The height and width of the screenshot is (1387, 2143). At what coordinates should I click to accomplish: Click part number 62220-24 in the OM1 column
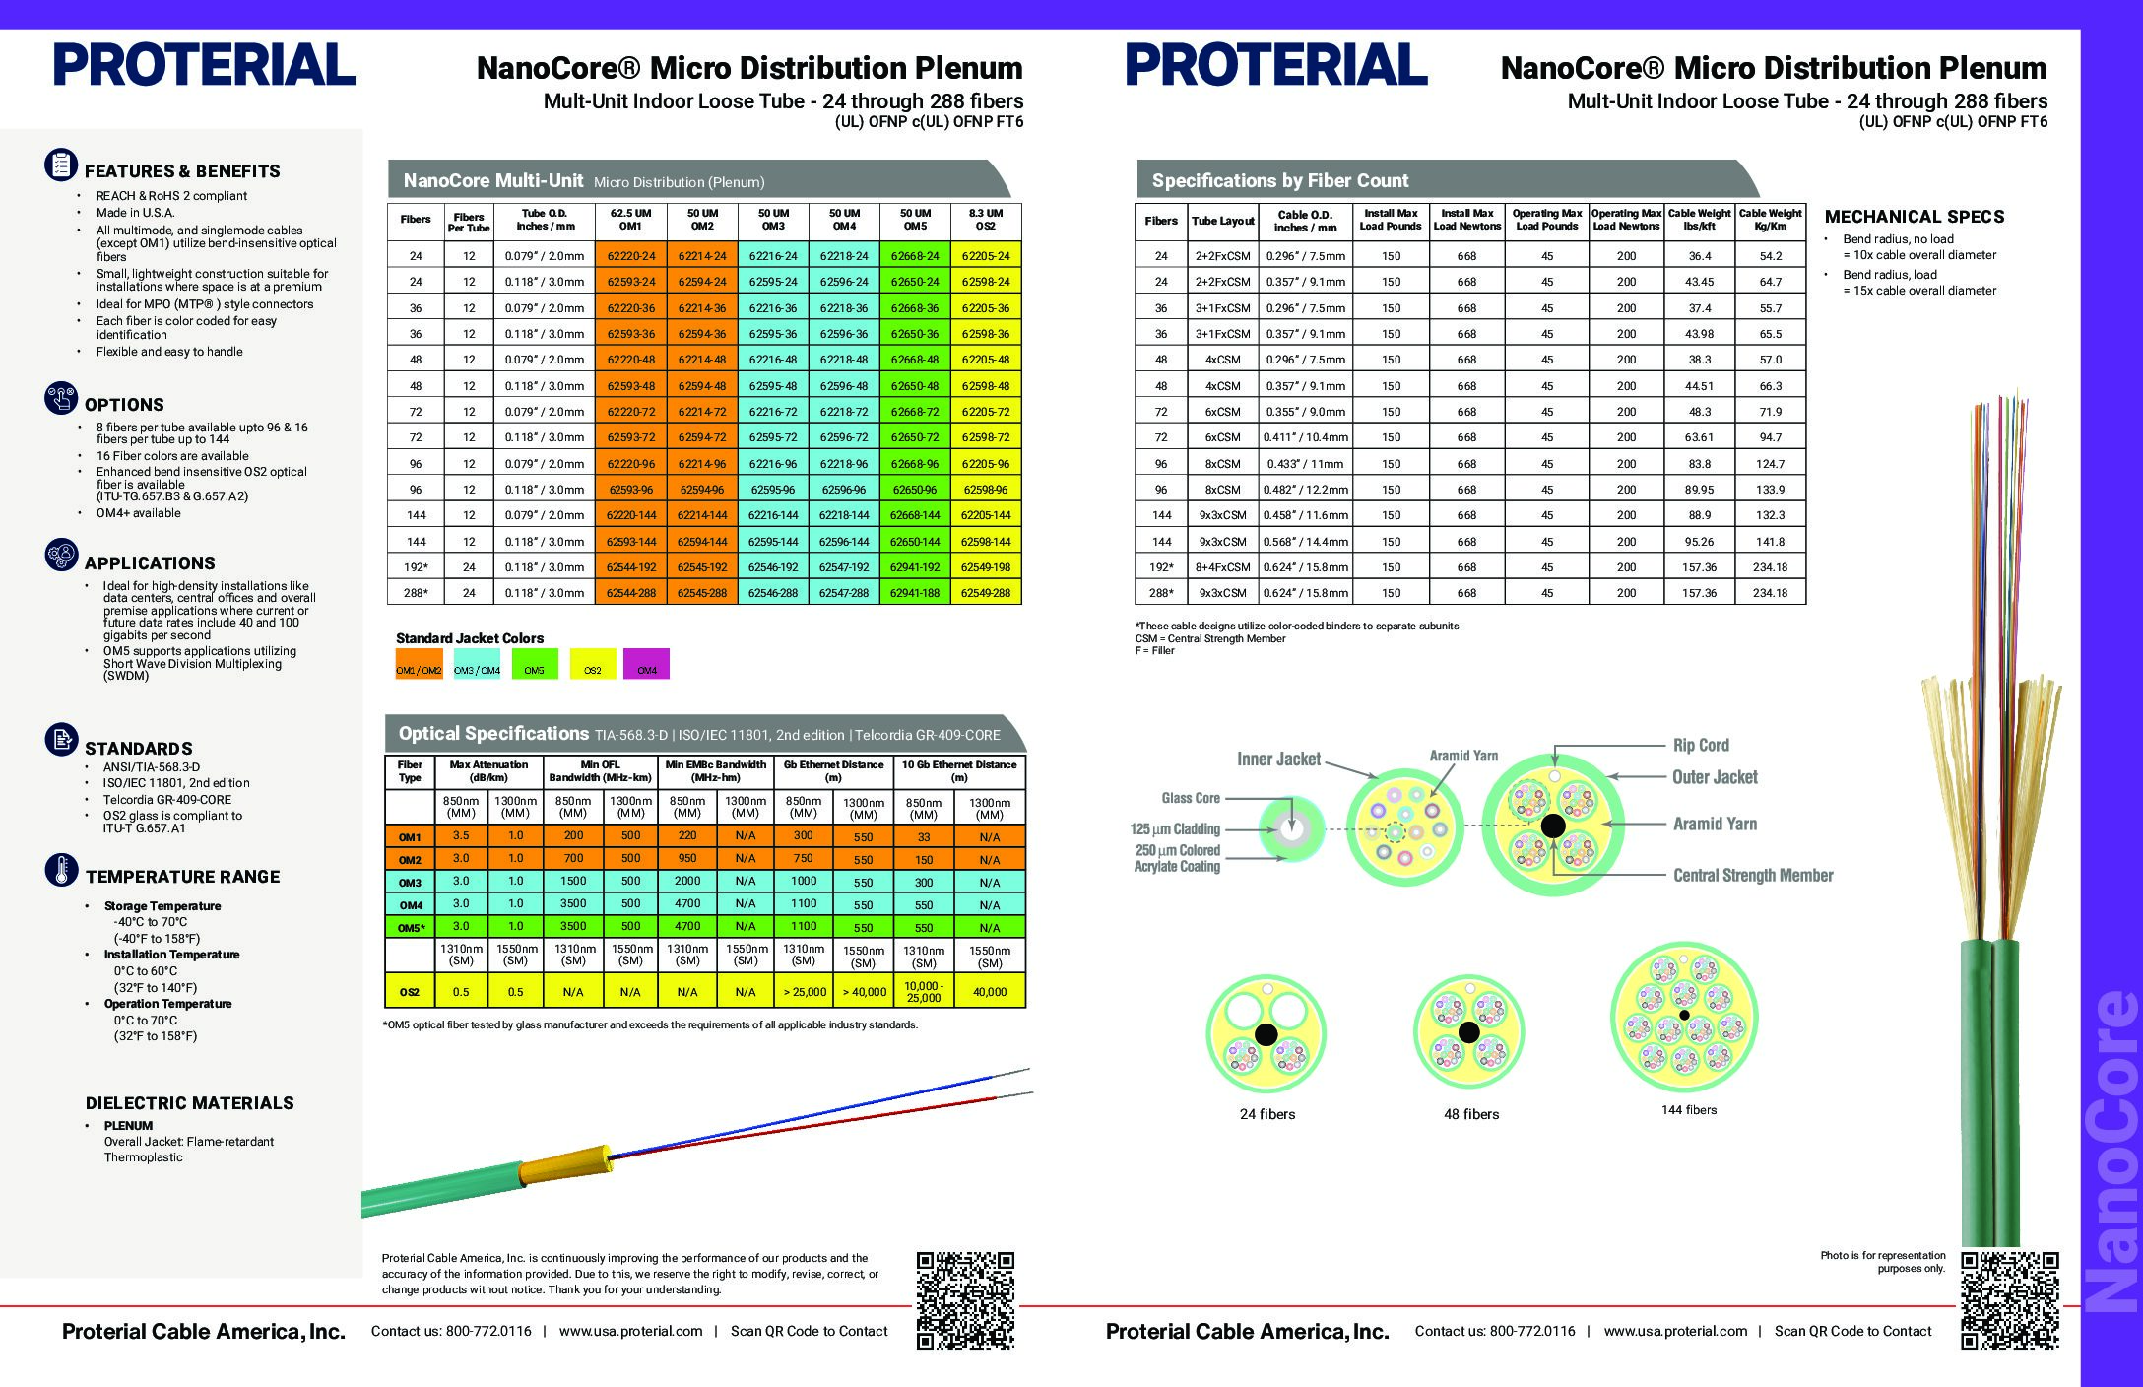(630, 256)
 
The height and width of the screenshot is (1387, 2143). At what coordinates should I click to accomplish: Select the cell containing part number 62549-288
(986, 593)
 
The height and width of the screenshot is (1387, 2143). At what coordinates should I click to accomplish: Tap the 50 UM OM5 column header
(915, 220)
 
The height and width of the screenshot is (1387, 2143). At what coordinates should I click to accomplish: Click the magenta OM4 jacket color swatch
(646, 664)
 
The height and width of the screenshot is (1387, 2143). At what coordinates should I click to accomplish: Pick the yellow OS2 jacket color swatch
(592, 664)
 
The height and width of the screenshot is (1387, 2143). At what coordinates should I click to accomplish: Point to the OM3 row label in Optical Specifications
(410, 883)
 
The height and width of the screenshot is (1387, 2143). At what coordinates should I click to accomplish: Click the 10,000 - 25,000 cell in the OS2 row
(923, 992)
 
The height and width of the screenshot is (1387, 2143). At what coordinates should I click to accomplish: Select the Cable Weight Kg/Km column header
(1770, 220)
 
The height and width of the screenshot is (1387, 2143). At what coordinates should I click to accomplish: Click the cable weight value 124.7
(1770, 464)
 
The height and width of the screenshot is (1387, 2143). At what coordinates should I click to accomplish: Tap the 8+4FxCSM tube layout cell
(1222, 567)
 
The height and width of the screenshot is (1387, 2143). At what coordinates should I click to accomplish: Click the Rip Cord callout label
(1701, 746)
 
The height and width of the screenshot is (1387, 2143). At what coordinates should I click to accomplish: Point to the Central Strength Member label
(1753, 876)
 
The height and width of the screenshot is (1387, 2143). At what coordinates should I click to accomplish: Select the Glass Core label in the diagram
(1191, 798)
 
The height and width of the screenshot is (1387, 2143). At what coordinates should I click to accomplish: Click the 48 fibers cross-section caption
(1471, 1114)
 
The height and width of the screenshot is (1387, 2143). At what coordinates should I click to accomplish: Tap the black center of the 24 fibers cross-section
(1266, 1034)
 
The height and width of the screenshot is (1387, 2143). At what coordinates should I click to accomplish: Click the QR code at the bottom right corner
(2009, 1299)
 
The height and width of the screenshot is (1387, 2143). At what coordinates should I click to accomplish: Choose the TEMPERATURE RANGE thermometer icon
(61, 871)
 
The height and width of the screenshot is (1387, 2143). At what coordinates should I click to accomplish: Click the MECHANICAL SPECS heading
(1914, 217)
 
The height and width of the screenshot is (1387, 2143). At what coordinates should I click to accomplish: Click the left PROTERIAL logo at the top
(204, 66)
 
